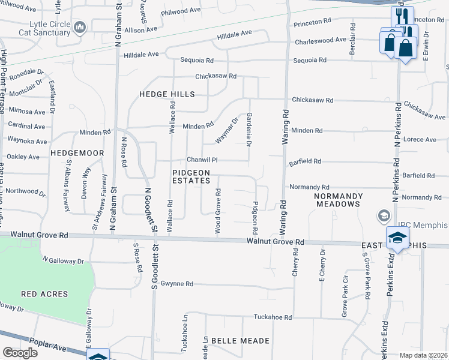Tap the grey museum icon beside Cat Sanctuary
click(80, 28)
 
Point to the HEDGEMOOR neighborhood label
click(77, 153)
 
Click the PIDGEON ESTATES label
click(191, 176)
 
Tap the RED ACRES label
click(44, 294)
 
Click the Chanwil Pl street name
click(201, 160)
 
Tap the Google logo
click(20, 353)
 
